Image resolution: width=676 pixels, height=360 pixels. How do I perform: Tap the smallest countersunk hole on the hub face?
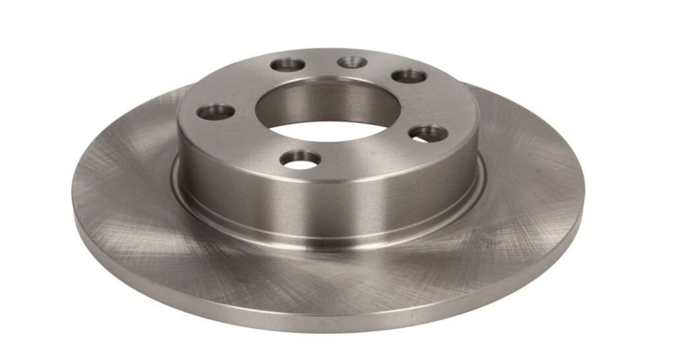[352, 62]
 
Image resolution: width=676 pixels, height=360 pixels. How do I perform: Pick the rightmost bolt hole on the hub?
[428, 133]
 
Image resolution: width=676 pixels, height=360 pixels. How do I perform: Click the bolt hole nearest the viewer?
[300, 159]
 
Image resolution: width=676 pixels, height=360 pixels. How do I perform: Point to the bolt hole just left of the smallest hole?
[288, 65]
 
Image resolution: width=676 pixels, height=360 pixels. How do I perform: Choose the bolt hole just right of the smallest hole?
[409, 75]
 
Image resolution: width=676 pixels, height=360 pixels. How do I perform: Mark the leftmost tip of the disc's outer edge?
[73, 198]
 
